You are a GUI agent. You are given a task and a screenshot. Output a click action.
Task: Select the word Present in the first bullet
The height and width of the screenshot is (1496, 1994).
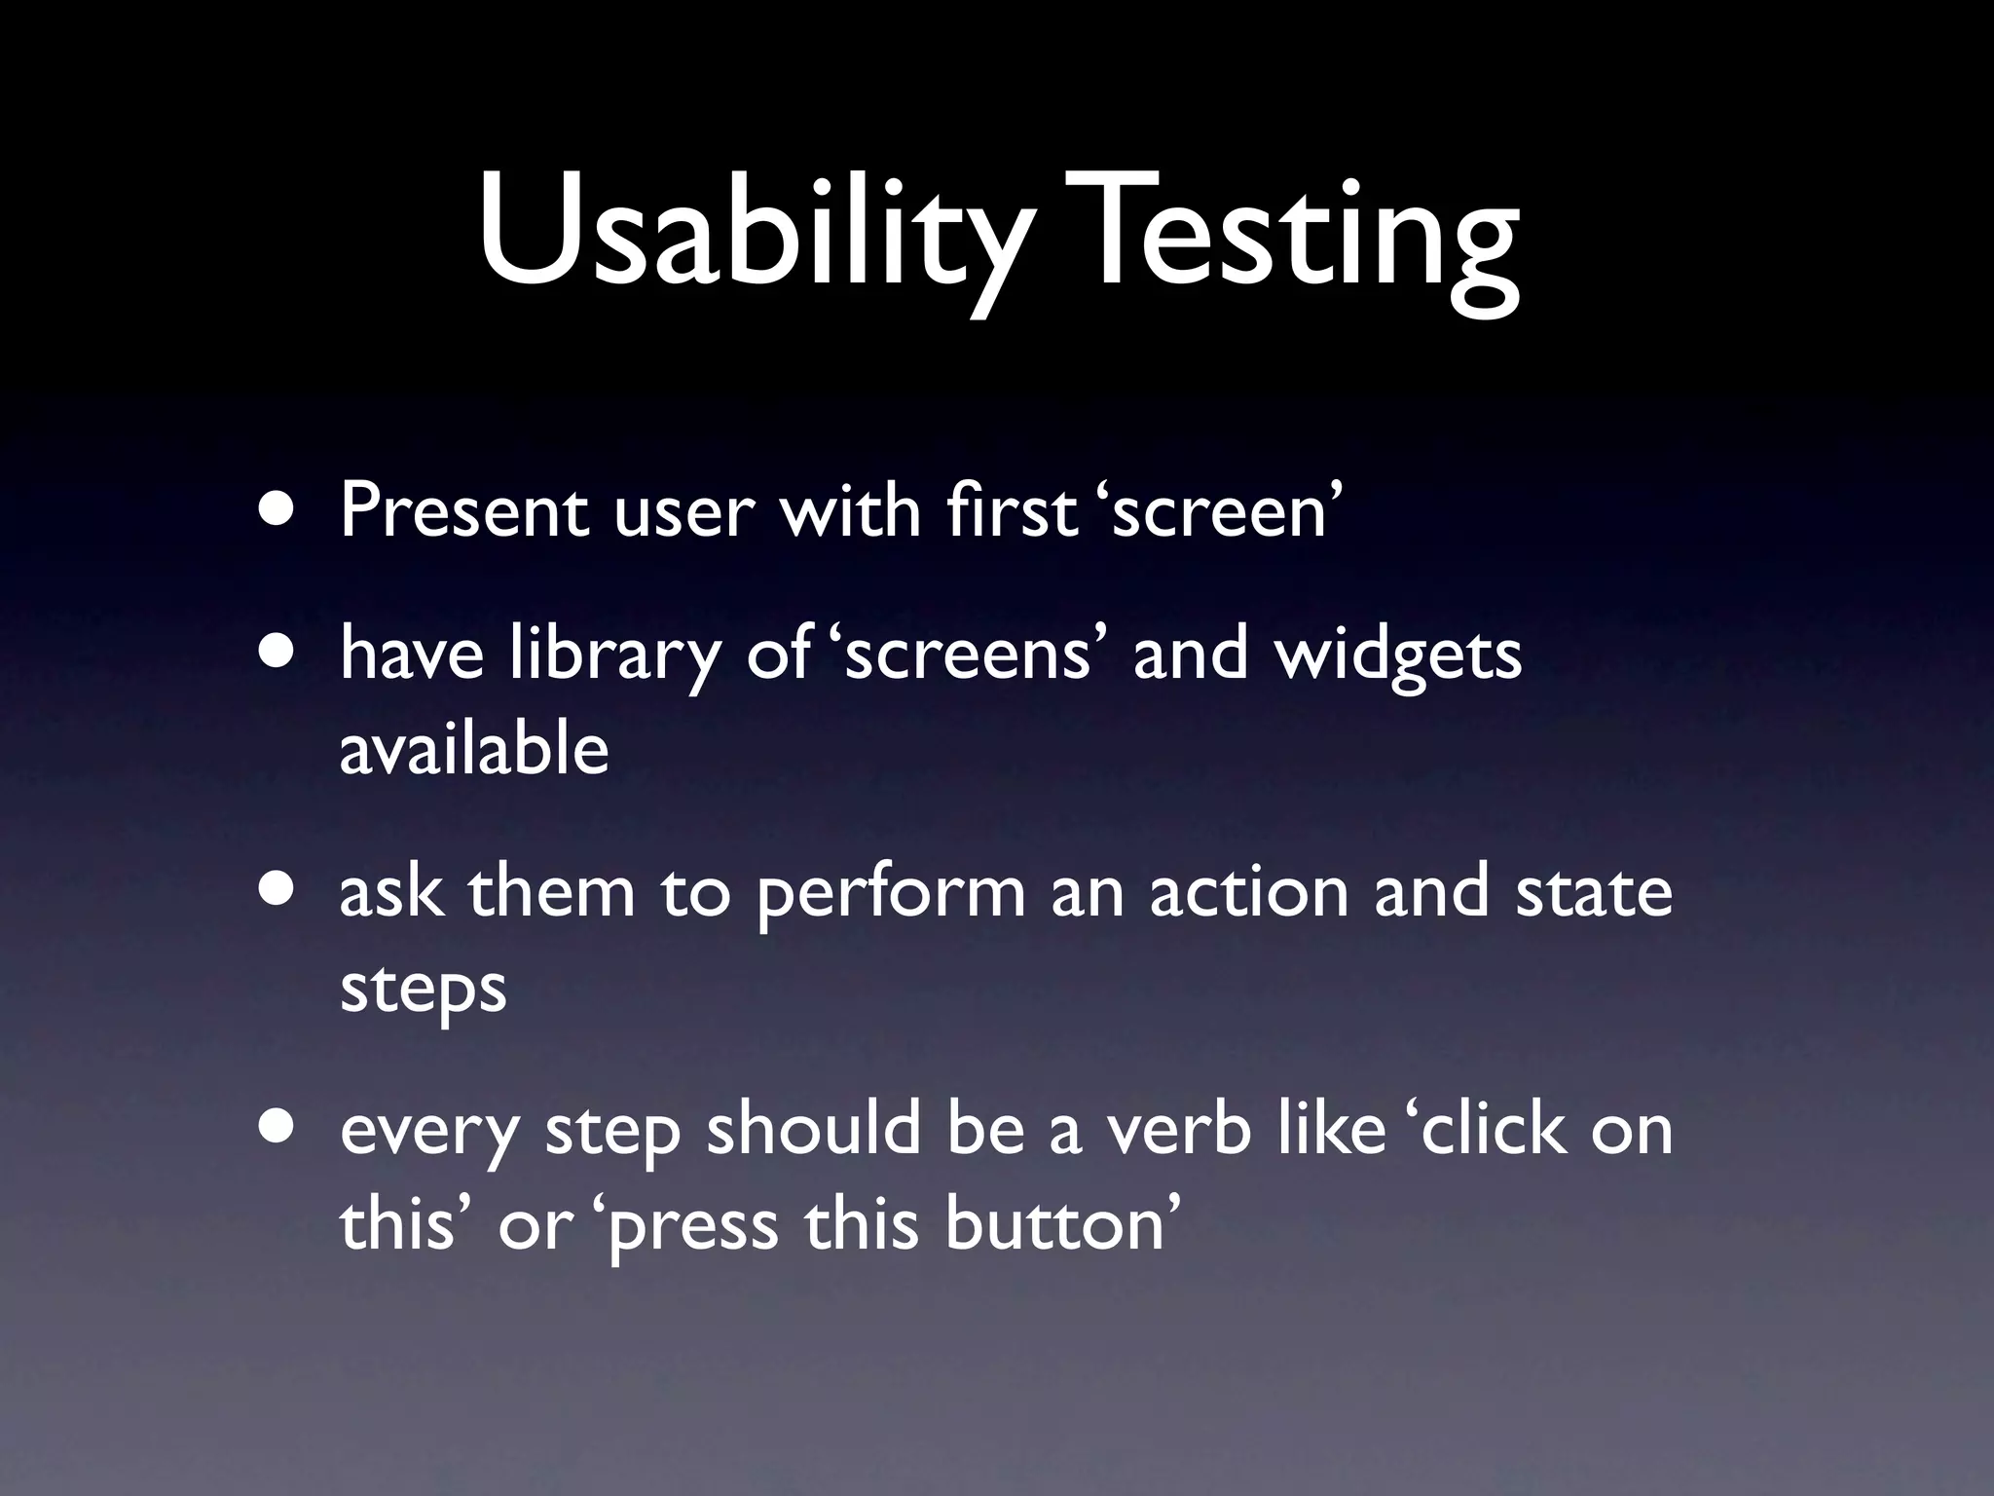[x=463, y=510]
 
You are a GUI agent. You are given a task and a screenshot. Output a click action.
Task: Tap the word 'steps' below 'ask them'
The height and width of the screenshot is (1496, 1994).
[x=424, y=990]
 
